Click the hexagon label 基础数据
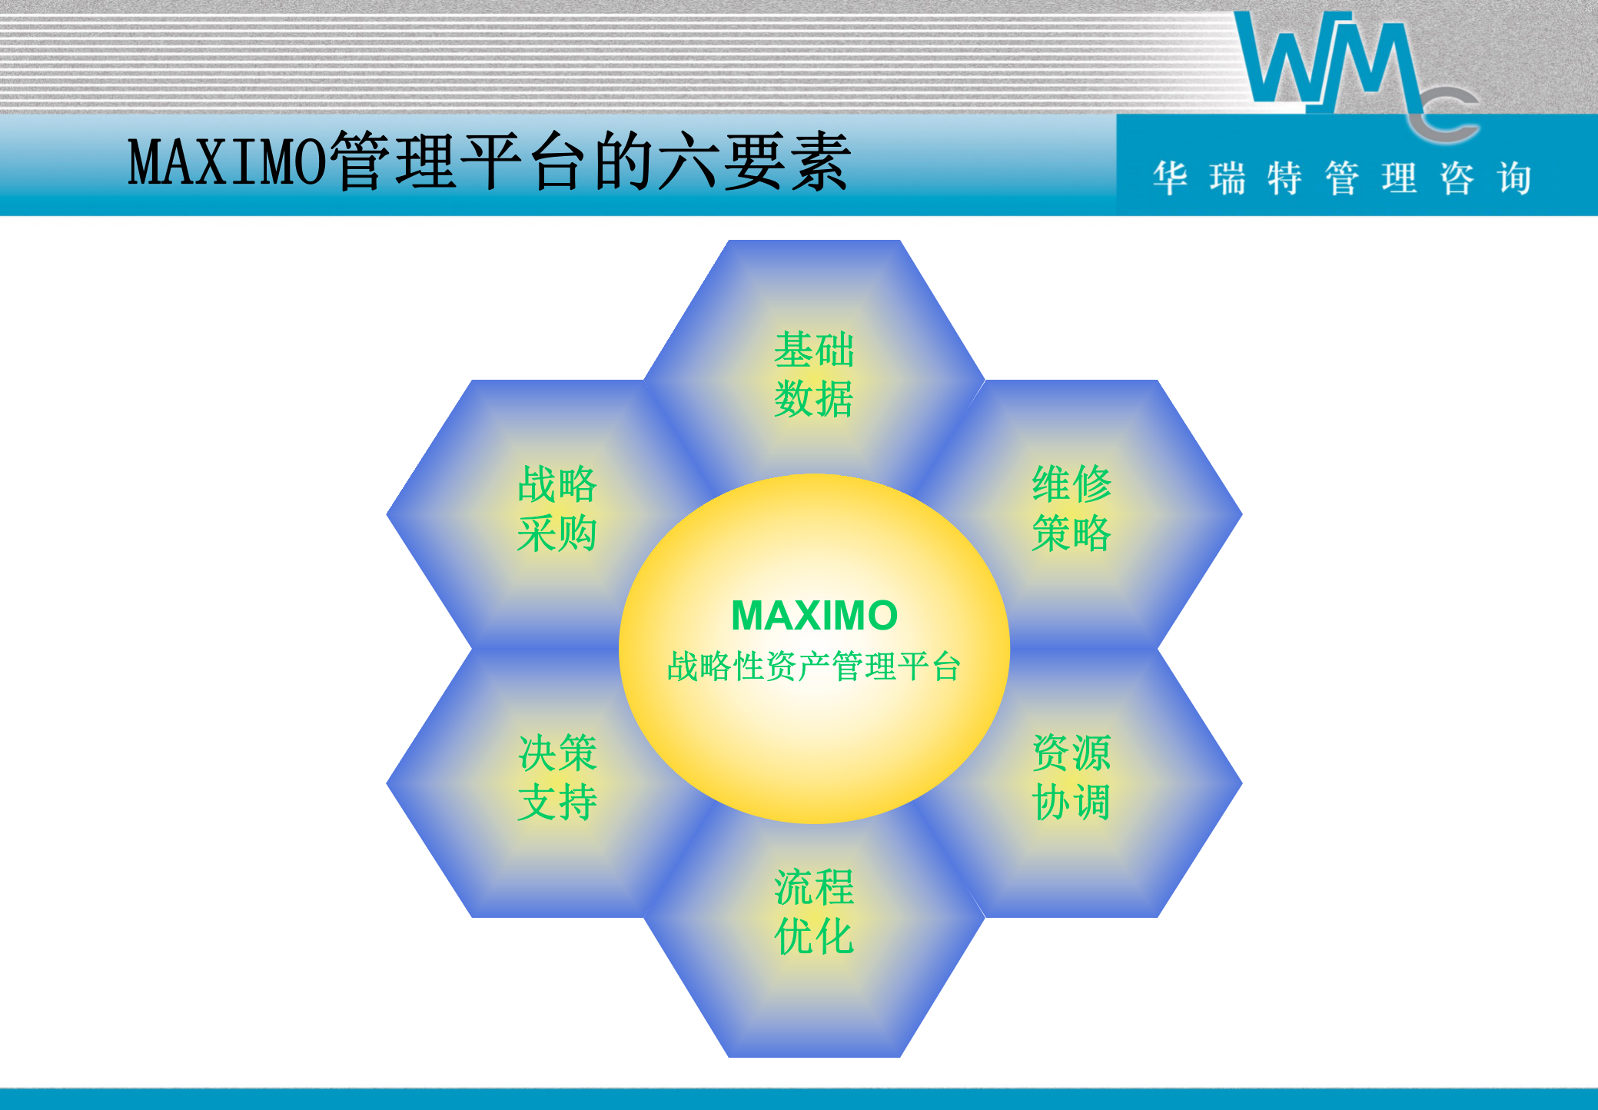pos(813,374)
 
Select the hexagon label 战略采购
pos(557,509)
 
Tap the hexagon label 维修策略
pos(1071,509)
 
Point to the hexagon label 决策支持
pos(557,777)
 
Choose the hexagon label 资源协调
pos(1071,777)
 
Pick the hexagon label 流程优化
pos(813,912)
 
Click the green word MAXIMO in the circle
pos(814,616)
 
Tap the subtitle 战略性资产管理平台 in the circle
pos(814,666)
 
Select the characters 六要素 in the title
pos(753,161)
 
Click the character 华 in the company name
pos(1170,178)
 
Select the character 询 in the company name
pos(1514,178)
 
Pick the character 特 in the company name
pos(1284,178)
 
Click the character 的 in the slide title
pos(623,161)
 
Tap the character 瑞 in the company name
pos(1228,178)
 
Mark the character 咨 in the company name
pos(1457,178)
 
